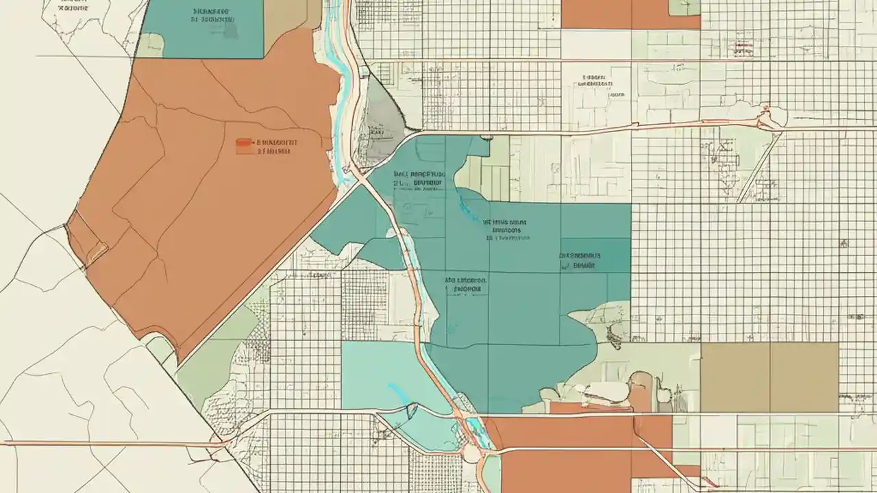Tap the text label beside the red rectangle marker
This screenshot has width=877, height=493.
coord(277,147)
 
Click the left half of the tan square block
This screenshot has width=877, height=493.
coord(735,377)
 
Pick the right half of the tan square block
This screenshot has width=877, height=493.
coord(804,377)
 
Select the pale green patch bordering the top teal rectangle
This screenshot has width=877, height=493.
coord(151,45)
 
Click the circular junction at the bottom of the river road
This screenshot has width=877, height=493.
coord(471,453)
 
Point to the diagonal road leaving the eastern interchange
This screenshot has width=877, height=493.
coord(761,164)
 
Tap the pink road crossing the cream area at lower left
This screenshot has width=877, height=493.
coord(110,444)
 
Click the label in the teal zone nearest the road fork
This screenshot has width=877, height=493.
coord(419,179)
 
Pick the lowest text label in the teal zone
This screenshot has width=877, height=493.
coord(466,285)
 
